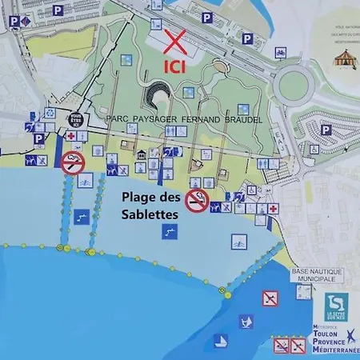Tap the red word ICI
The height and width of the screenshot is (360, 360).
pos(175,66)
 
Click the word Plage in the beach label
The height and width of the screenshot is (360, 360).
pos(138,196)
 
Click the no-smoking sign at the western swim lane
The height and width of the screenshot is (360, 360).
pos(73,162)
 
